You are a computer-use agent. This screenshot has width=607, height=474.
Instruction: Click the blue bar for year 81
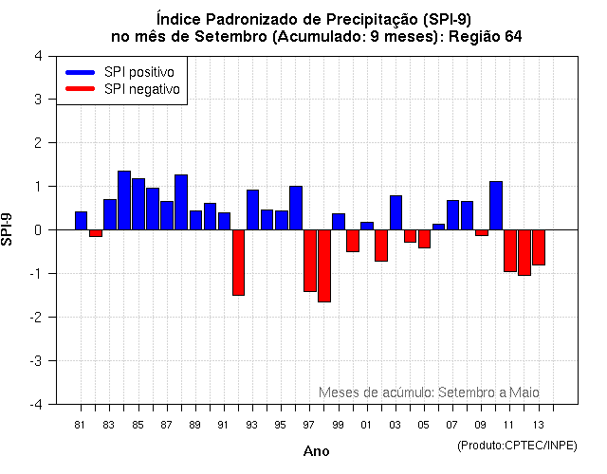[81, 220]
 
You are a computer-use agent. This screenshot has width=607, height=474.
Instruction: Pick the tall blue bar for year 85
[138, 204]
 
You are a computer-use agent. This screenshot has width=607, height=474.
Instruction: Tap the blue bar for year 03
[395, 212]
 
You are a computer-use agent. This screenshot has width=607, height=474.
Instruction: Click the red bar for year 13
[539, 246]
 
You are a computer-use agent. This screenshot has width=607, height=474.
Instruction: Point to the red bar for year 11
[510, 250]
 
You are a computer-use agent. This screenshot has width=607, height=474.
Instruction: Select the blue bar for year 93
[252, 210]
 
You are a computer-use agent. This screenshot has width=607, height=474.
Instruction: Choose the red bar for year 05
[424, 238]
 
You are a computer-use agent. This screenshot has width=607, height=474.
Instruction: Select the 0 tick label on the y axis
[37, 229]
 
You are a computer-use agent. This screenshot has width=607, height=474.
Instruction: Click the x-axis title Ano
[316, 451]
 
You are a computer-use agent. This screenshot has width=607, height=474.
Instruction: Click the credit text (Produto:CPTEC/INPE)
[516, 445]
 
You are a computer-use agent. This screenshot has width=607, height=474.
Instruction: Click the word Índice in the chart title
[177, 18]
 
